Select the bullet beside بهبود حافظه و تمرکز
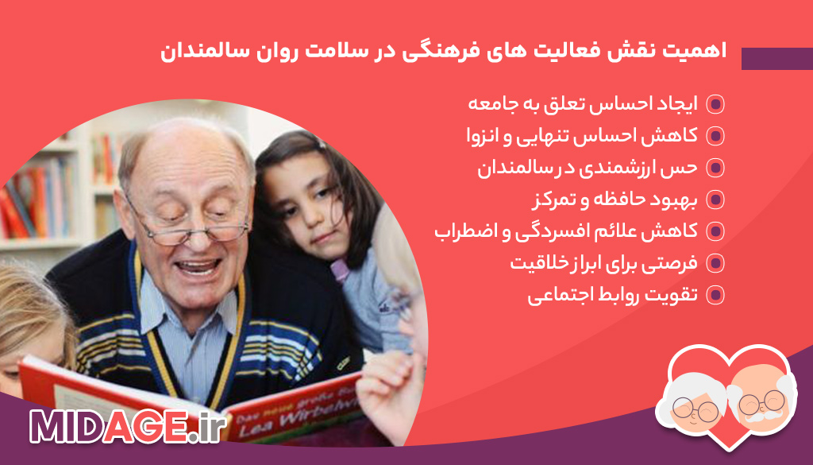click(x=715, y=200)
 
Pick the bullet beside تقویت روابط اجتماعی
click(x=715, y=295)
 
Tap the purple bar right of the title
click(x=776, y=59)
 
